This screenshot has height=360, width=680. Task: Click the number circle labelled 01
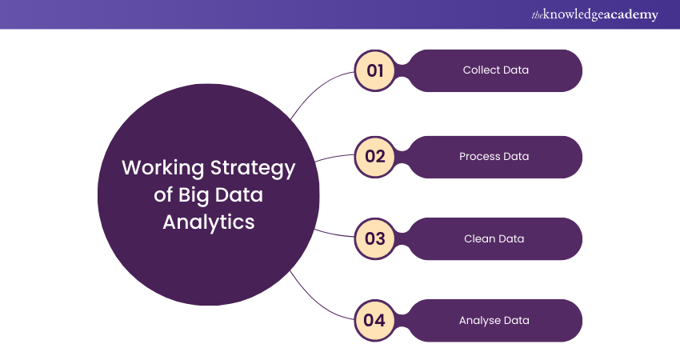[375, 70]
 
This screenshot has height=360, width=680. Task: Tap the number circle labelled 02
[375, 156]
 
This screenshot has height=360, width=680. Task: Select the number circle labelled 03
[375, 238]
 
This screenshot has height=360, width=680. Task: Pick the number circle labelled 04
[375, 321]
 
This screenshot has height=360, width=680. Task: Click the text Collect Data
[495, 70]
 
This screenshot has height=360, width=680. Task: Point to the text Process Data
[494, 156]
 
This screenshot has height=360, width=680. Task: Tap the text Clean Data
[494, 238]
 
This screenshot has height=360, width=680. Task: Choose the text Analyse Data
[494, 321]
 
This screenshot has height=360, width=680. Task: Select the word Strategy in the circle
[252, 169]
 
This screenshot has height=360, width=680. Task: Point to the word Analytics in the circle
[209, 222]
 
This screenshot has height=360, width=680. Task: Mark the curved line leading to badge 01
[316, 88]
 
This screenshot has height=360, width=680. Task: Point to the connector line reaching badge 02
[336, 158]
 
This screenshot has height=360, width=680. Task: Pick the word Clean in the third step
[478, 238]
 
